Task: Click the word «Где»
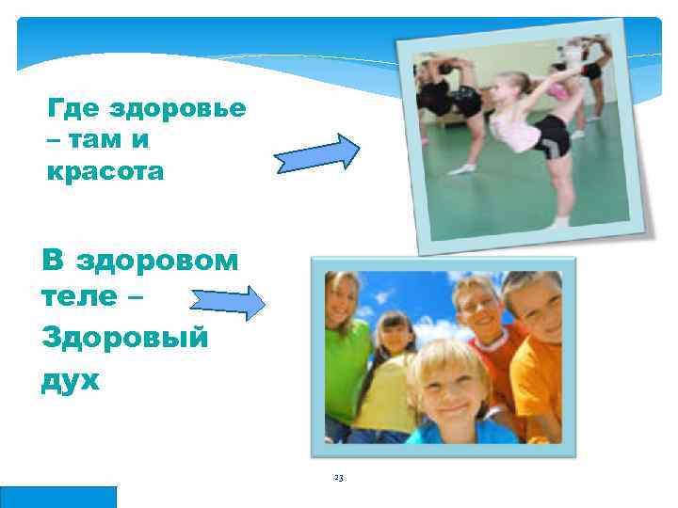[x=73, y=108]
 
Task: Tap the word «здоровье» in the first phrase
[x=178, y=108]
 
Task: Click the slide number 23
[x=339, y=478]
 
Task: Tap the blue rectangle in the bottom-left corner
[x=58, y=497]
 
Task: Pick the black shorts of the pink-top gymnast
[x=552, y=141]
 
